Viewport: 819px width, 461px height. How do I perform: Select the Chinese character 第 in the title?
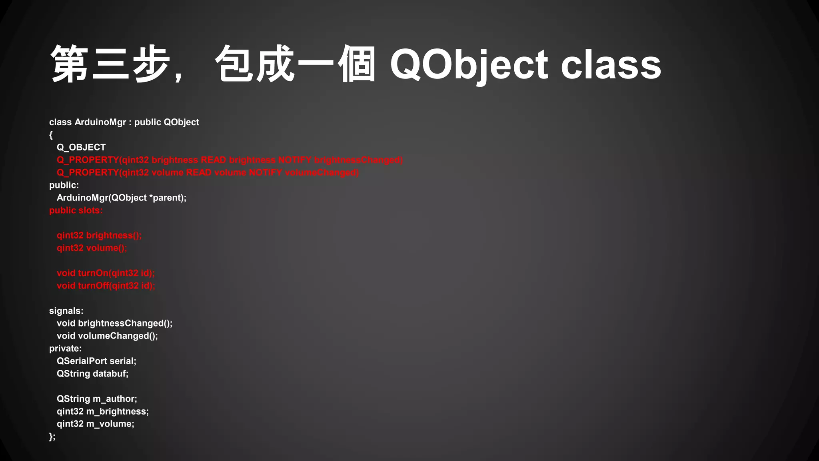coord(70,64)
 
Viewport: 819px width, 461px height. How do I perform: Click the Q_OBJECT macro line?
coord(81,147)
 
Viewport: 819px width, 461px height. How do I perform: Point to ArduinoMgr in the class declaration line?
coord(100,122)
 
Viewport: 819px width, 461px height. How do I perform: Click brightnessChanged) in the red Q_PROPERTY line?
coord(358,160)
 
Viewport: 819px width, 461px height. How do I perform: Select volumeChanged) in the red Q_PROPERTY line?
coord(322,172)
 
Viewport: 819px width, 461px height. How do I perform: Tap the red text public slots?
coord(76,210)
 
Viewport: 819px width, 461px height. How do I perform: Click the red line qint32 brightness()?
coord(99,235)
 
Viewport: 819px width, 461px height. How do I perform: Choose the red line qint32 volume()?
coord(92,248)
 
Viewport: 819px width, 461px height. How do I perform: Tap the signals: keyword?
coord(66,311)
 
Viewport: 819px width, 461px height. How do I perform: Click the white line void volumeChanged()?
coord(107,336)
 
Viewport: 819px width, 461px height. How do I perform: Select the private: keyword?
coord(65,349)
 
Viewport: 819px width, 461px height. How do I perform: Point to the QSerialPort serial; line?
coord(96,361)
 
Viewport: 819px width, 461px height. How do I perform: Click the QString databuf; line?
coord(92,374)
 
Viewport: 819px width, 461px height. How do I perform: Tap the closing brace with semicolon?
coord(52,437)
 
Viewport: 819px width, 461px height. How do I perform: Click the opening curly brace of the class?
coord(51,135)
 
